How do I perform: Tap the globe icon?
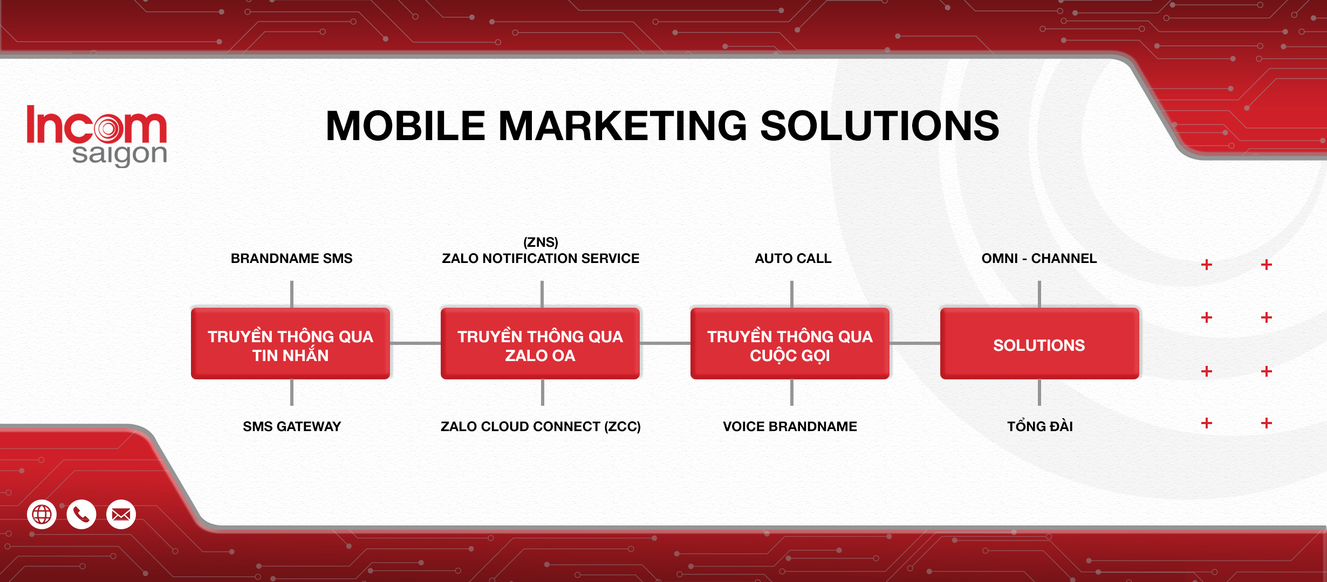click(42, 515)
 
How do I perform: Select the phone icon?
click(81, 515)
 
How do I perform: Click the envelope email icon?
click(121, 515)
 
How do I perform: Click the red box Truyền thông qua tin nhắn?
click(291, 344)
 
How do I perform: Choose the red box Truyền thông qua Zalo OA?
click(541, 344)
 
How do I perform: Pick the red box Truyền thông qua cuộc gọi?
click(790, 344)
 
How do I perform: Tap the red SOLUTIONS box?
click(1039, 344)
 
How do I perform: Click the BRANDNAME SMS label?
click(291, 259)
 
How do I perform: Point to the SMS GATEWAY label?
click(292, 427)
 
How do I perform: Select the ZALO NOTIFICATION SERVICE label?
click(541, 259)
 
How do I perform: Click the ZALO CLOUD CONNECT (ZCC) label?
click(541, 427)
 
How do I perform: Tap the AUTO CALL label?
click(793, 259)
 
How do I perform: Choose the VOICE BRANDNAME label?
click(790, 427)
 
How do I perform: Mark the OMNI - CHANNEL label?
click(1039, 259)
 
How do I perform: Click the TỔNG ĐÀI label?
click(1040, 426)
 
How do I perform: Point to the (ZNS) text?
click(541, 242)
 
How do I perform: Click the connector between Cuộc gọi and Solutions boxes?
click(915, 343)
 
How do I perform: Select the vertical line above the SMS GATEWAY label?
click(292, 392)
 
